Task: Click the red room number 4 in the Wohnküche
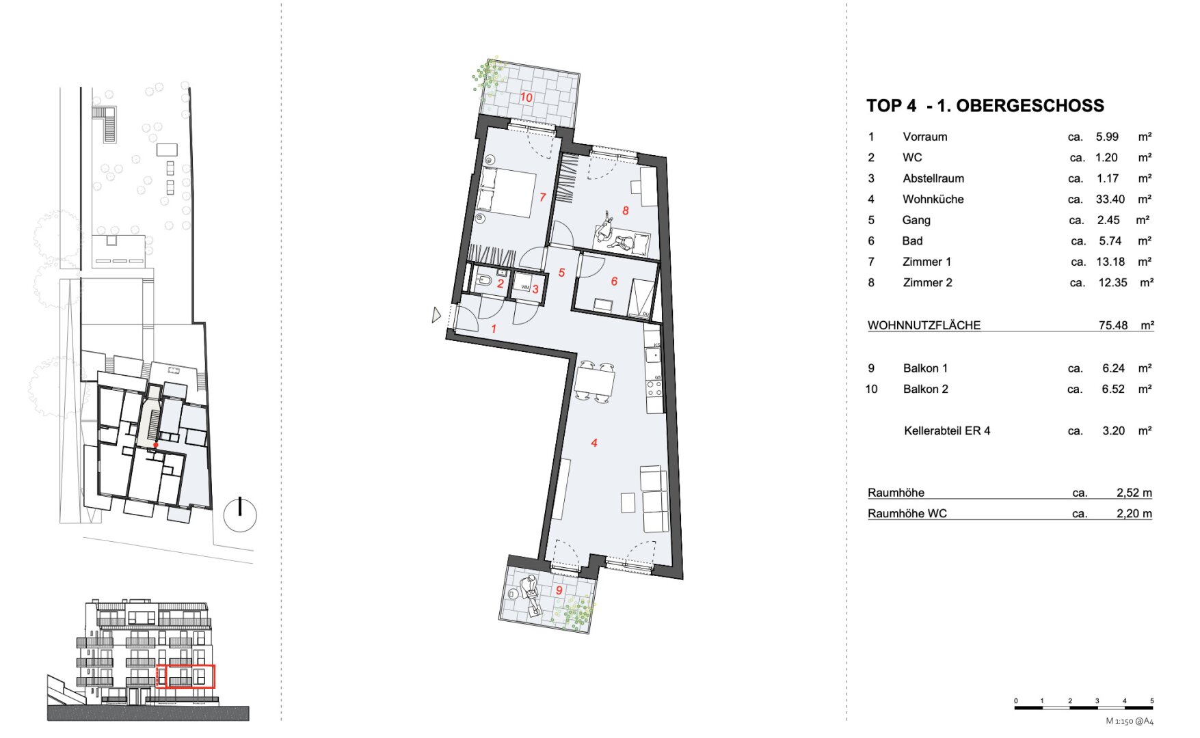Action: point(594,443)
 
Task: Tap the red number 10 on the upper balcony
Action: point(526,97)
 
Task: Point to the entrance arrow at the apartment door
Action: point(436,315)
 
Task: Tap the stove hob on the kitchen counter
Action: point(654,388)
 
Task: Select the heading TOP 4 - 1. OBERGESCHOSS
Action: point(985,106)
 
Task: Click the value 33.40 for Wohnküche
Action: point(1110,200)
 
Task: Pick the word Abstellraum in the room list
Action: point(933,178)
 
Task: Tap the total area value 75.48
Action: point(1113,325)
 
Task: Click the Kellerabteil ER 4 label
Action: point(947,430)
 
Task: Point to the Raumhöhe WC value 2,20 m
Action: point(1134,513)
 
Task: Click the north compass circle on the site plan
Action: point(240,515)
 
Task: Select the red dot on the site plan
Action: point(156,446)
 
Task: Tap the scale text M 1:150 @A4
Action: point(1130,721)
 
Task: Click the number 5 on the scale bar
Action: point(1151,701)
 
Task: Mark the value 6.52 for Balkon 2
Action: point(1113,389)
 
